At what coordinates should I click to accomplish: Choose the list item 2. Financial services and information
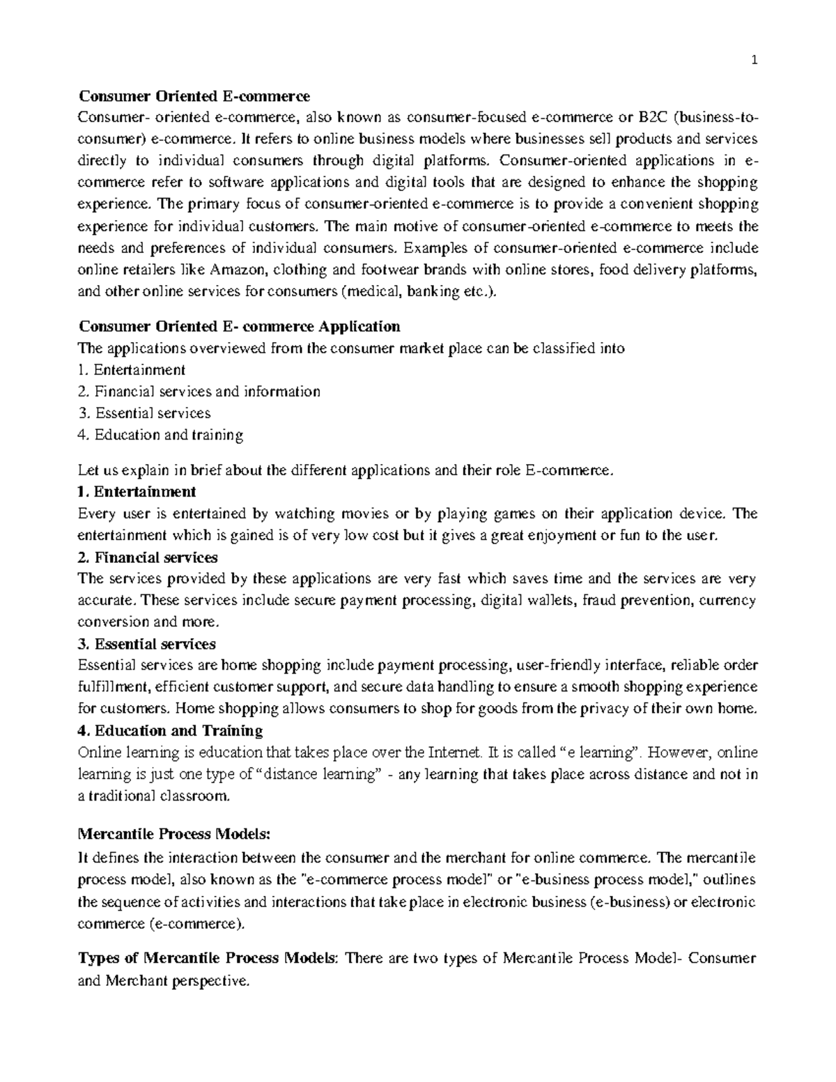pos(200,392)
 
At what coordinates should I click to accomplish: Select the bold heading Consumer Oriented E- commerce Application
pos(240,327)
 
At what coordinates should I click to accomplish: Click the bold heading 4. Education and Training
pos(171,731)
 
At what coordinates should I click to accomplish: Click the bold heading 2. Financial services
pos(149,557)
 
